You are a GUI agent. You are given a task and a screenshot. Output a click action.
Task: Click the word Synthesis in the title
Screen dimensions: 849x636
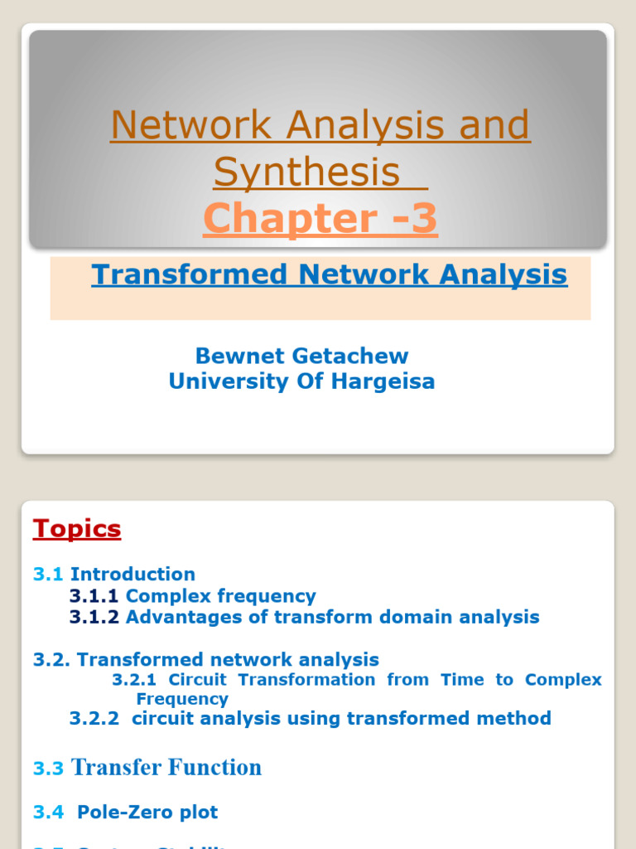pyautogui.click(x=306, y=172)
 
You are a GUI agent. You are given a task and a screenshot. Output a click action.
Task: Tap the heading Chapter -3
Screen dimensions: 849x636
pyautogui.click(x=320, y=218)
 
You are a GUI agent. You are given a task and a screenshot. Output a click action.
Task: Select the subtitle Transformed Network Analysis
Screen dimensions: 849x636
pyautogui.click(x=329, y=274)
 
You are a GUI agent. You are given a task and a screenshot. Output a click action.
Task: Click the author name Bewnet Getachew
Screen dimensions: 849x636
pyautogui.click(x=301, y=356)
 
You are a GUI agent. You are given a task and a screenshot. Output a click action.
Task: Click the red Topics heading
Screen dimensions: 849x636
pyautogui.click(x=77, y=529)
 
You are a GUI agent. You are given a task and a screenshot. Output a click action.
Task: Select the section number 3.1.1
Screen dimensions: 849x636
pyautogui.click(x=94, y=596)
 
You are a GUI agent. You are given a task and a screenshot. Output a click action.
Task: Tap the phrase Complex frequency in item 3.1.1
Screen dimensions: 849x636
pyautogui.click(x=220, y=596)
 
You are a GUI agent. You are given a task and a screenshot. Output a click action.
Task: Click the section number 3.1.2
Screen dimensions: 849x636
pyautogui.click(x=94, y=617)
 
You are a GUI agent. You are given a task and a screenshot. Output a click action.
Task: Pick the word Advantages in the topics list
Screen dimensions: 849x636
pyautogui.click(x=176, y=617)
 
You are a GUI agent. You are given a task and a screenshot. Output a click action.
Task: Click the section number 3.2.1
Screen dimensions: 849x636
pyautogui.click(x=134, y=680)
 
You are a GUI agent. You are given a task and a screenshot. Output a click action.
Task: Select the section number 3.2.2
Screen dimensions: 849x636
pyautogui.click(x=94, y=718)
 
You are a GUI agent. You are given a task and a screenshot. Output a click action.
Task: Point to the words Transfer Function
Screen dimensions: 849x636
pyautogui.click(x=166, y=768)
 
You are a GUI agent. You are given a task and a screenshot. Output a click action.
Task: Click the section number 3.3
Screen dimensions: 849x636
pyautogui.click(x=48, y=769)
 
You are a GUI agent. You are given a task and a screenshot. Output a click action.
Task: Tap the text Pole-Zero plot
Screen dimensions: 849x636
pyautogui.click(x=147, y=812)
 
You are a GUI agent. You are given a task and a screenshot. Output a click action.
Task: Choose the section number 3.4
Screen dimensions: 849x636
pyautogui.click(x=48, y=812)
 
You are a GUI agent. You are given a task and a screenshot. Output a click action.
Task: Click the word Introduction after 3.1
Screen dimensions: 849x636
pyautogui.click(x=132, y=574)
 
